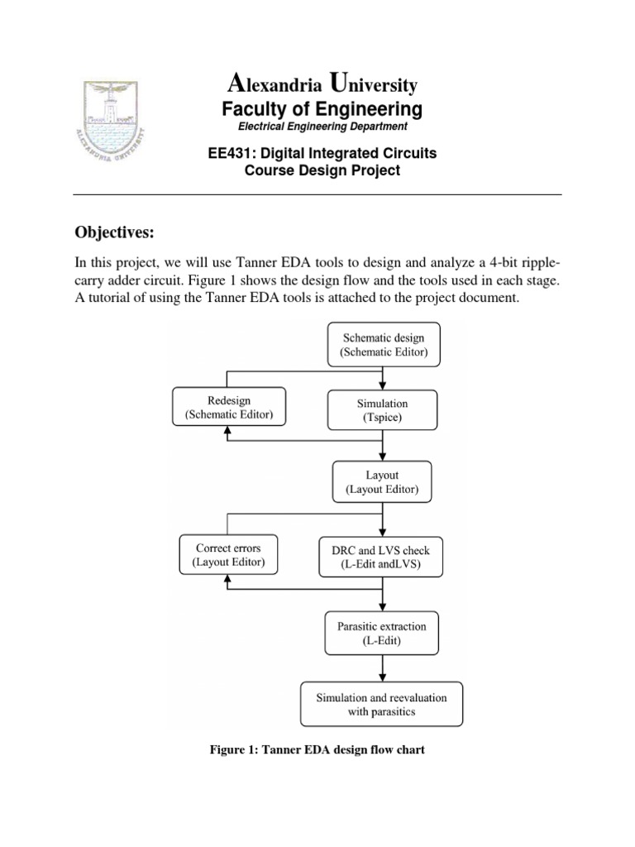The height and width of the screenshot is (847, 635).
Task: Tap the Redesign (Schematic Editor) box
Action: pos(228,407)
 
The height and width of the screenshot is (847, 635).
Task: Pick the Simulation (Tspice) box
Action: pos(381,410)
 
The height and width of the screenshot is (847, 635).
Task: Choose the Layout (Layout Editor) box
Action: pos(381,482)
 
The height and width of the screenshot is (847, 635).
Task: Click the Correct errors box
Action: pos(228,555)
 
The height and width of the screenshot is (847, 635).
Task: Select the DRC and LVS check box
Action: pos(381,557)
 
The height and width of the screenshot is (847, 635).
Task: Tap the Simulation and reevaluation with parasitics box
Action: pos(381,704)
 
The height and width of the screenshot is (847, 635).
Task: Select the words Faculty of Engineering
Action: pos(322,109)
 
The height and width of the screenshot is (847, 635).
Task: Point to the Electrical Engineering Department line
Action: pos(322,127)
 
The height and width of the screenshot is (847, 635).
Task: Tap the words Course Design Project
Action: pos(322,170)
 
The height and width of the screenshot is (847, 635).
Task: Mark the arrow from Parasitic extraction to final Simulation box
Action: pos(381,668)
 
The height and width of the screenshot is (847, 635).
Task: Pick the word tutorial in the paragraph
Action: pos(112,299)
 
